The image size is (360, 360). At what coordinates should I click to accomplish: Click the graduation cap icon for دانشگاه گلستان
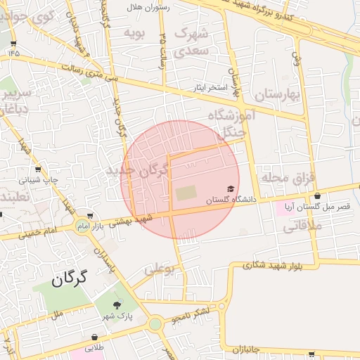point(231,189)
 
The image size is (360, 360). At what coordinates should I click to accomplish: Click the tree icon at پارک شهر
point(117,304)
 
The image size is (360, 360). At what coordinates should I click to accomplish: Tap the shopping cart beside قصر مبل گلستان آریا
point(317,195)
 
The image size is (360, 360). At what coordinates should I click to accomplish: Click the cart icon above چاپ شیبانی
point(37,169)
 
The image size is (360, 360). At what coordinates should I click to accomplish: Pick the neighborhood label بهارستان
point(278,94)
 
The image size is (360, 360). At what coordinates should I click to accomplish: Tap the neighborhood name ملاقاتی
point(302,226)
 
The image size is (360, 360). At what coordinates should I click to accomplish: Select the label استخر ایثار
point(214,89)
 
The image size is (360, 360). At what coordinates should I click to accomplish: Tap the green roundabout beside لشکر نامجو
point(155,324)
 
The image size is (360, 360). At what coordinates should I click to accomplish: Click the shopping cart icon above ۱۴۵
point(13,43)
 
